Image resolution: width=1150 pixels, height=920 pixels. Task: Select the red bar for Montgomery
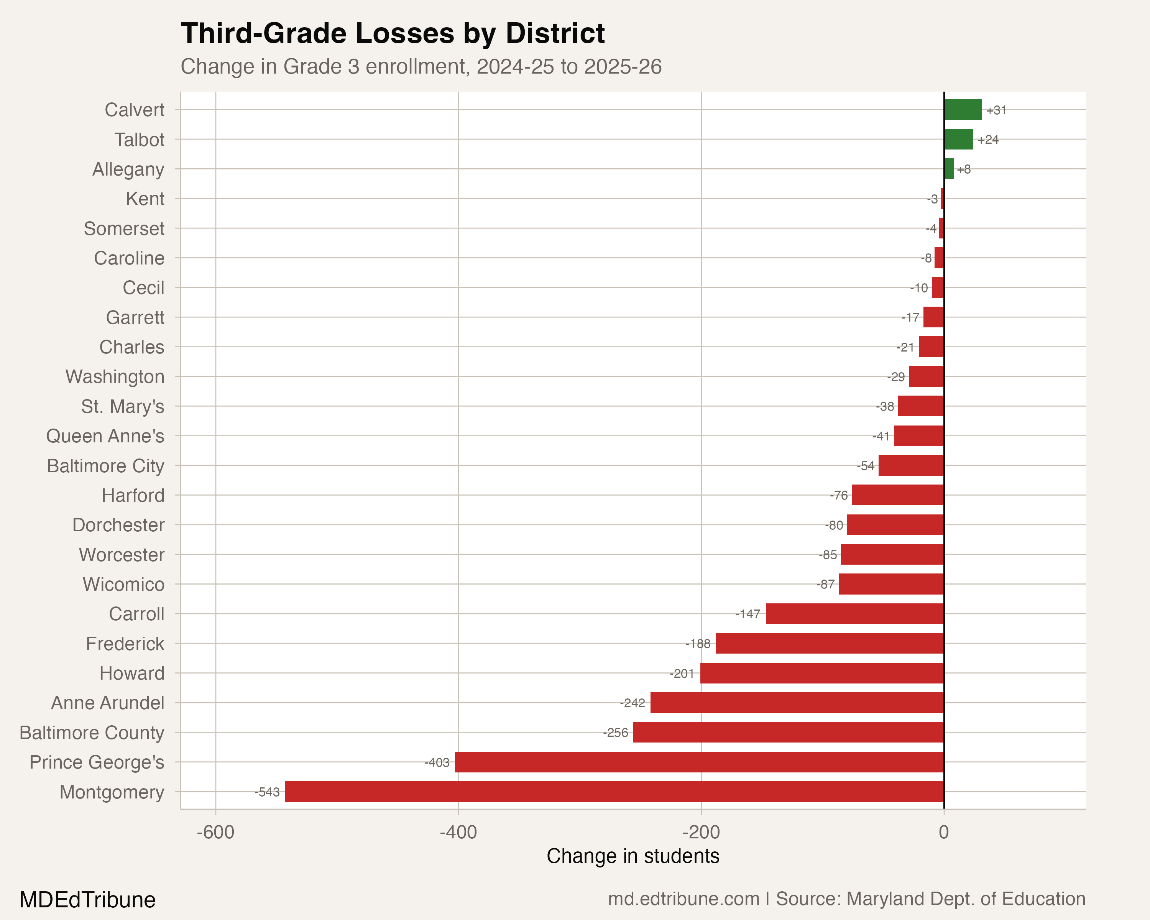614,792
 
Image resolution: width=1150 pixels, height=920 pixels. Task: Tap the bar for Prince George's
699,762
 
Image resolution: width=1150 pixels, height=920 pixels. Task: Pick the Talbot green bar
958,139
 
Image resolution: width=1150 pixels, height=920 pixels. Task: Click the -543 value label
267,792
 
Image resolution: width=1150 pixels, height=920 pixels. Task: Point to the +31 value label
996,110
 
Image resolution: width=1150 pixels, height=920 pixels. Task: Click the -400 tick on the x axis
458,832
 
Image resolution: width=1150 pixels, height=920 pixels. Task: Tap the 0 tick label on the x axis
944,832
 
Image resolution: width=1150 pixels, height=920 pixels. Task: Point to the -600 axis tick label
215,832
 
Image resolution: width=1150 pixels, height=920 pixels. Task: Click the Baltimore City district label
106,466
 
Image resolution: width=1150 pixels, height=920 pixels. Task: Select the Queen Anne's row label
105,436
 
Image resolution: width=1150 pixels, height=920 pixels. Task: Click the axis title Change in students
632,856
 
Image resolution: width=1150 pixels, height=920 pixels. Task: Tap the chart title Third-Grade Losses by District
393,33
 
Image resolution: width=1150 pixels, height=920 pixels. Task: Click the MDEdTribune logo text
87,900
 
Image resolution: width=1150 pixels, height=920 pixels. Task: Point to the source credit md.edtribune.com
684,899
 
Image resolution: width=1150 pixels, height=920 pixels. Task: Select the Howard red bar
822,673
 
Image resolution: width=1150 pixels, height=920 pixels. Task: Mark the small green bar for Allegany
948,169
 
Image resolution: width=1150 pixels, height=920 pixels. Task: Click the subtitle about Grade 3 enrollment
421,67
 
